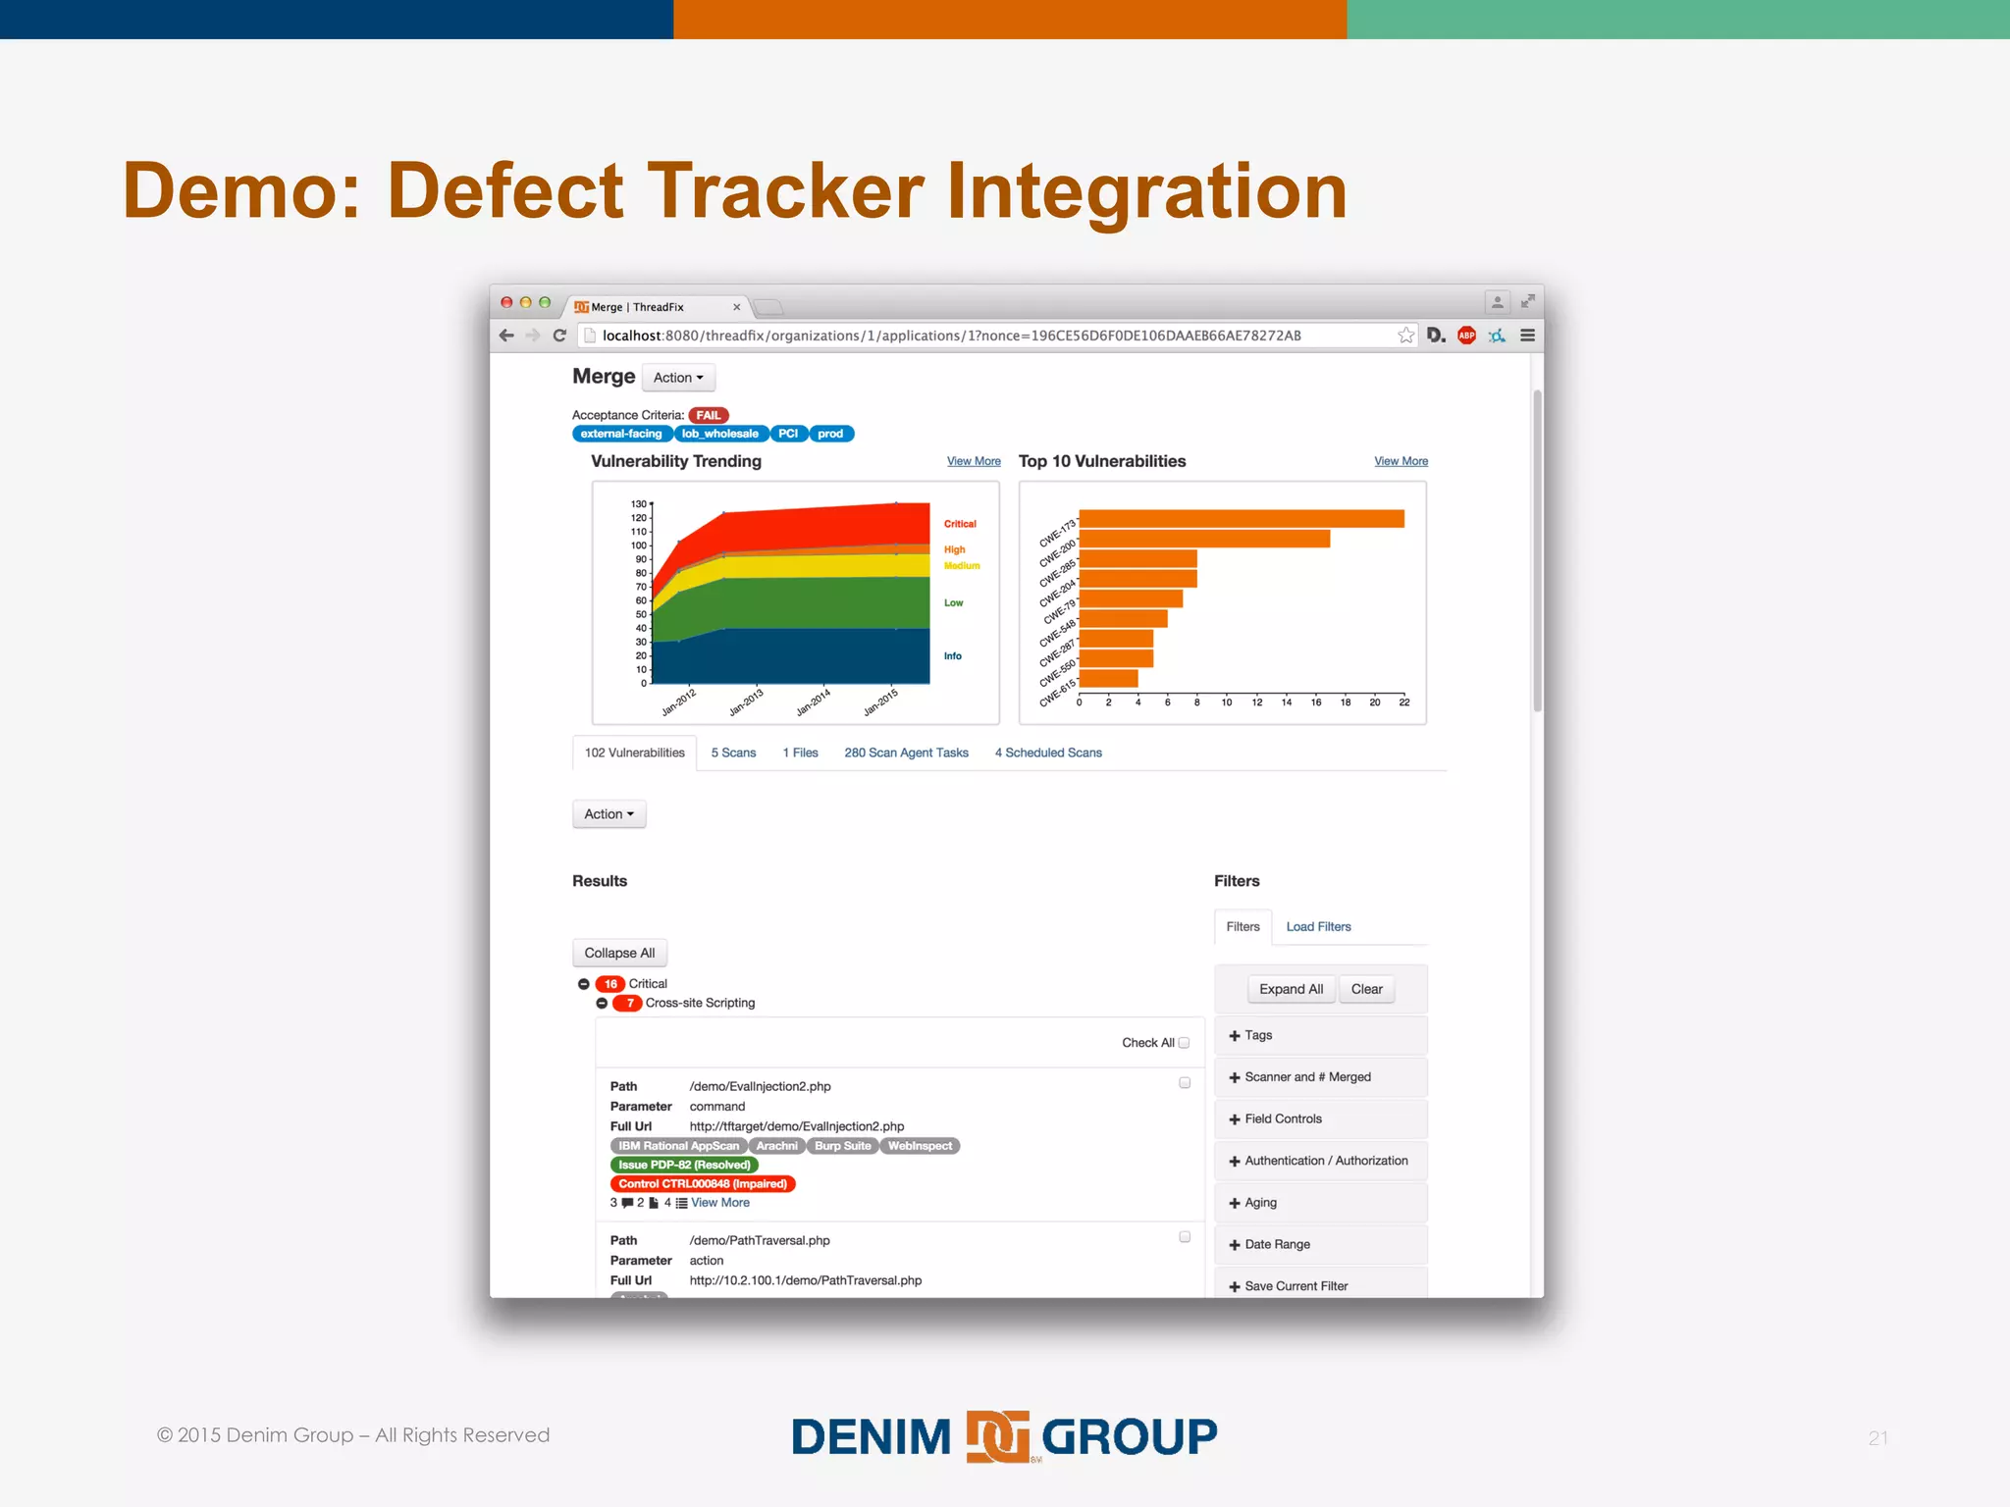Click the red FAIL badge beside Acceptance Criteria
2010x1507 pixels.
pos(708,415)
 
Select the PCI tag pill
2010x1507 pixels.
pos(788,434)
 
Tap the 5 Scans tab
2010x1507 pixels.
pos(733,753)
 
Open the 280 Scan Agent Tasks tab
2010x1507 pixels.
pos(906,753)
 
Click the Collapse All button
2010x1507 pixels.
pos(619,953)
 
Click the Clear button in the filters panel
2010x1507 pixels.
pos(1366,989)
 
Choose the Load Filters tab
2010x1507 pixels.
pos(1318,926)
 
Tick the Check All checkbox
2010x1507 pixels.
pos(1184,1043)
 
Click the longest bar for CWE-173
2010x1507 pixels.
pos(1241,519)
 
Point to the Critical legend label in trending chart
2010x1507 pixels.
pos(960,524)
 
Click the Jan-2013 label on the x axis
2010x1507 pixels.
pos(746,702)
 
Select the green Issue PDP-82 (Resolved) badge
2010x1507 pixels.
pos(684,1165)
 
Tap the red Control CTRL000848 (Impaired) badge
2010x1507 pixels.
pos(703,1184)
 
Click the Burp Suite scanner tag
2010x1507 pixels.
pos(842,1146)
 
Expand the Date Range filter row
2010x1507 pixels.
pos(1277,1244)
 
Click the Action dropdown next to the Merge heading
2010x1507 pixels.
pos(678,378)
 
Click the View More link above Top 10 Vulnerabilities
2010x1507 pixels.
pos(1401,461)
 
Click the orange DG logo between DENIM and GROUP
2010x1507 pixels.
pos(997,1436)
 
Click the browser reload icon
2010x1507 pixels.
pos(559,336)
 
